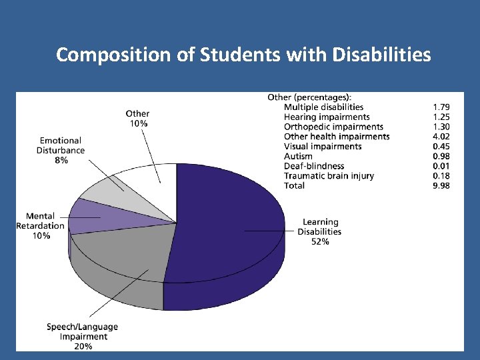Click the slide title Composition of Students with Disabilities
[243, 55]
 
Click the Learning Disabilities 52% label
[320, 231]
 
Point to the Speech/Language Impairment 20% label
[83, 336]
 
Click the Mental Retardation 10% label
[41, 226]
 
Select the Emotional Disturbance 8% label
[61, 151]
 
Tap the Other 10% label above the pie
[137, 119]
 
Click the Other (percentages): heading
[309, 97]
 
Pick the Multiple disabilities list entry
[323, 107]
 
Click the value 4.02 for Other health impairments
[441, 137]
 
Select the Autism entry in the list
[298, 156]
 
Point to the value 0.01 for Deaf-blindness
[441, 166]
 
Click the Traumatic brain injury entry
[329, 176]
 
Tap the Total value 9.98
[441, 185]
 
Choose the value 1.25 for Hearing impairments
[441, 117]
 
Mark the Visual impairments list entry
[323, 146]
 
